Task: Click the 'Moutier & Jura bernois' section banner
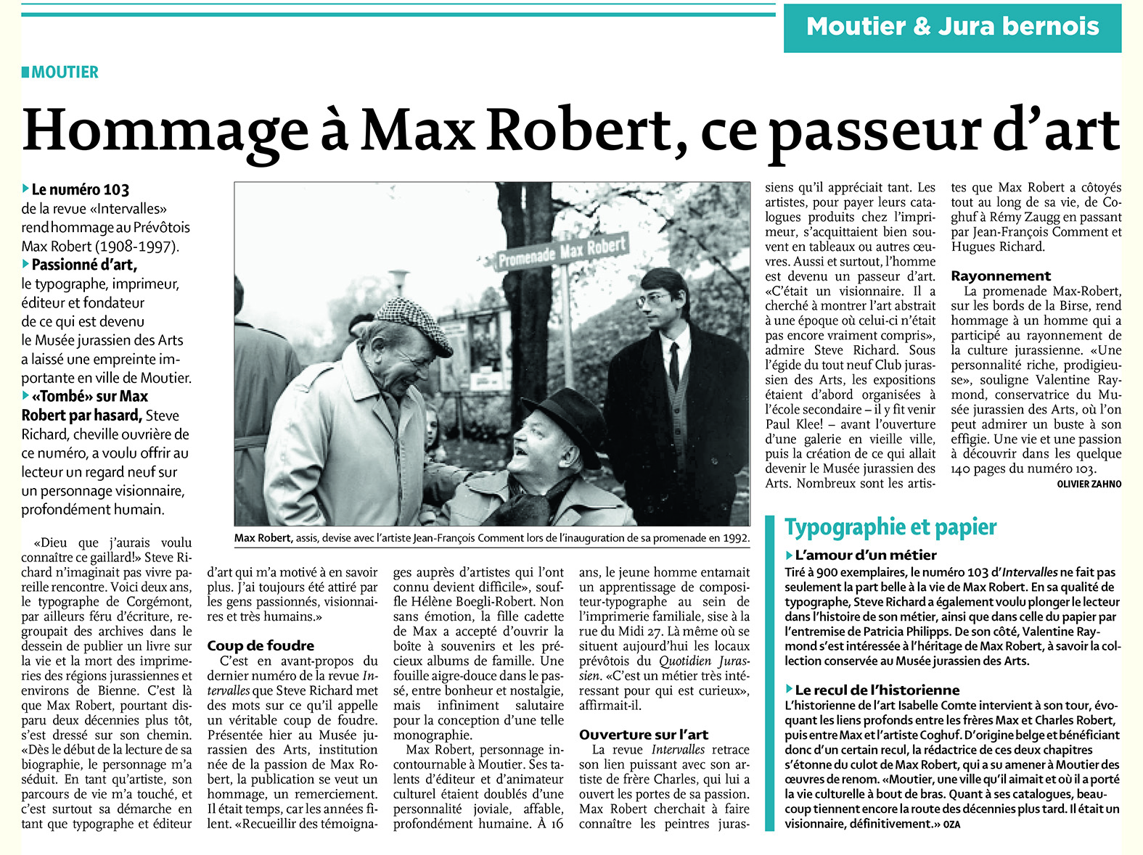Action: [952, 27]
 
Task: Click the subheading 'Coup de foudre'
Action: [261, 645]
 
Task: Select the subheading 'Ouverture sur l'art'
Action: [644, 735]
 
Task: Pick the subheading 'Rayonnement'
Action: [1001, 276]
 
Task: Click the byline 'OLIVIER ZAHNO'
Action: [1089, 484]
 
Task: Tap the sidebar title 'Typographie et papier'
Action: [890, 527]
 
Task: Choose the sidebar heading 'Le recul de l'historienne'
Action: [877, 690]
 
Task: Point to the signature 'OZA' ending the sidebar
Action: [951, 825]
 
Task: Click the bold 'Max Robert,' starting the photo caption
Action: [263, 538]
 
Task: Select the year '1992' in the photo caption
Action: [735, 538]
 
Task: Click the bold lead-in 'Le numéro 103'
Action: [80, 190]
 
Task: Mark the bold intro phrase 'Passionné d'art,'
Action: [83, 265]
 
